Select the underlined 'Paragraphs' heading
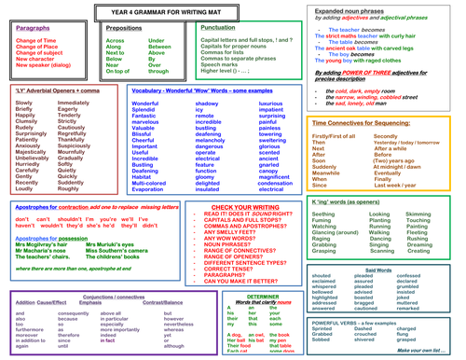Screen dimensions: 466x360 [x=34, y=29]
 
